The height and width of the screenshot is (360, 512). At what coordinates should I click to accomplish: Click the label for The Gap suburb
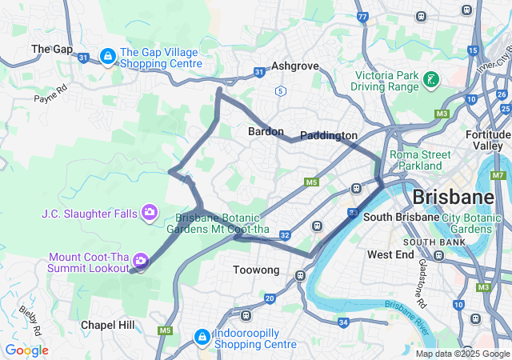pos(52,49)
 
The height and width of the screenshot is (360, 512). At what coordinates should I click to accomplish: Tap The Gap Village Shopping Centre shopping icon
pos(107,55)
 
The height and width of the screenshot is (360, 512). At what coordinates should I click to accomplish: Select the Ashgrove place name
pos(294,66)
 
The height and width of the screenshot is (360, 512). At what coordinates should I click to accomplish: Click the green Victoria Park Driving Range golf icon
pos(432,79)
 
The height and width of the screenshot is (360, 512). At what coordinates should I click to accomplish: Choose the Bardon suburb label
pos(266,131)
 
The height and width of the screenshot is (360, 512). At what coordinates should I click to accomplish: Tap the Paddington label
pos(328,136)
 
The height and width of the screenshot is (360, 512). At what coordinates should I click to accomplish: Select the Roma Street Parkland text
pos(415,160)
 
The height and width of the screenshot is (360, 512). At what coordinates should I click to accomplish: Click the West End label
pos(390,254)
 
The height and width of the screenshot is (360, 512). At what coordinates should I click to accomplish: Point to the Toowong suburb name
pos(256,270)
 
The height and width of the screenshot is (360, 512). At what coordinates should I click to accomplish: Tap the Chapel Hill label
pos(108,325)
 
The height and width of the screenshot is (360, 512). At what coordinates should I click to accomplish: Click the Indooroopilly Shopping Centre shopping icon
pos(202,336)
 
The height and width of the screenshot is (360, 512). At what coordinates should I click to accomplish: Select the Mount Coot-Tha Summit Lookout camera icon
pos(141,261)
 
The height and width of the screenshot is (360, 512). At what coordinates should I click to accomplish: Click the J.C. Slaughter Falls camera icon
pos(149,212)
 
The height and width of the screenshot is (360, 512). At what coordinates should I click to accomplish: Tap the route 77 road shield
pos(362,16)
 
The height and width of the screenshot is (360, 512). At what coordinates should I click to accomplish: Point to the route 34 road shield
pos(343,322)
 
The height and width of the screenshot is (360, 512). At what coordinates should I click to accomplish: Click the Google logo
pos(26,350)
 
